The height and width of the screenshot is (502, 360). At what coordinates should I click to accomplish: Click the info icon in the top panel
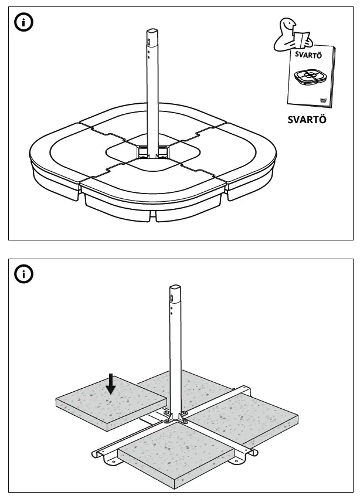point(24,23)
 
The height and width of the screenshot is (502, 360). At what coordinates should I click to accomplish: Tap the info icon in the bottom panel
point(24,274)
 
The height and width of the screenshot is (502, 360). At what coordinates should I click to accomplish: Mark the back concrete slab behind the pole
point(193,387)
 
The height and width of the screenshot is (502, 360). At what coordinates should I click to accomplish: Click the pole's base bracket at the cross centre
point(175,417)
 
